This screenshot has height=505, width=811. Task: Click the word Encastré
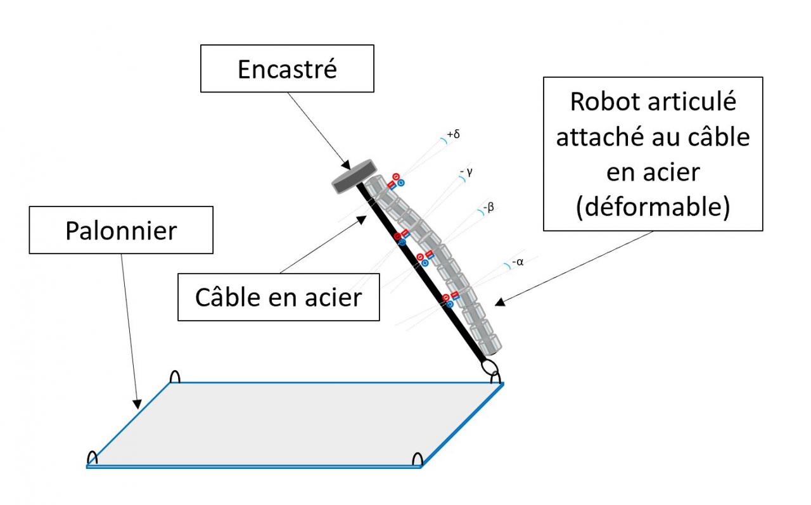(287, 69)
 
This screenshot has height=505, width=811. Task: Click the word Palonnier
(120, 231)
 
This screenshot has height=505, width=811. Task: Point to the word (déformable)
(653, 207)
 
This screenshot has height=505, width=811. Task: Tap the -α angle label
(517, 262)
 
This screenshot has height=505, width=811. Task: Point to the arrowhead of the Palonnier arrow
(136, 404)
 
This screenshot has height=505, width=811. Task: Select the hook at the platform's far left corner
(93, 457)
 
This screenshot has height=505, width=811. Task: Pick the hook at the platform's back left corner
(176, 376)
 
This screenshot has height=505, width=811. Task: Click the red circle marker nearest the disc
(396, 177)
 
